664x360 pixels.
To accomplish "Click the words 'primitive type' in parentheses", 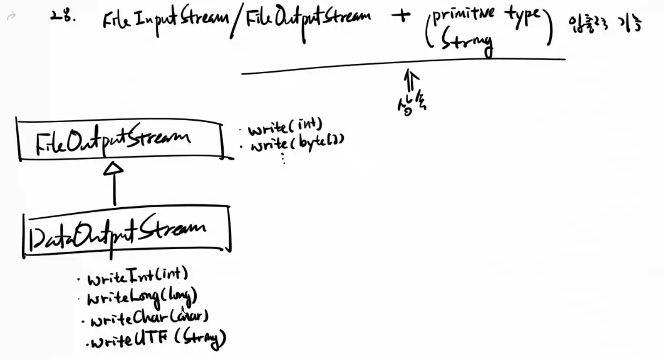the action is [x=485, y=16].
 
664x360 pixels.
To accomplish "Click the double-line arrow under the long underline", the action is [x=411, y=81].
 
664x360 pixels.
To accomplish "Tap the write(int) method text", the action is [x=285, y=129].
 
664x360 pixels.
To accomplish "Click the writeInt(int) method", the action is [x=138, y=276].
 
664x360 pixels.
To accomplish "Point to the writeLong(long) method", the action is [x=143, y=296].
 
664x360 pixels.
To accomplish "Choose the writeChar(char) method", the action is [x=149, y=319].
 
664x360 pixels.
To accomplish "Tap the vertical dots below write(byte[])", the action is [x=284, y=158].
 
